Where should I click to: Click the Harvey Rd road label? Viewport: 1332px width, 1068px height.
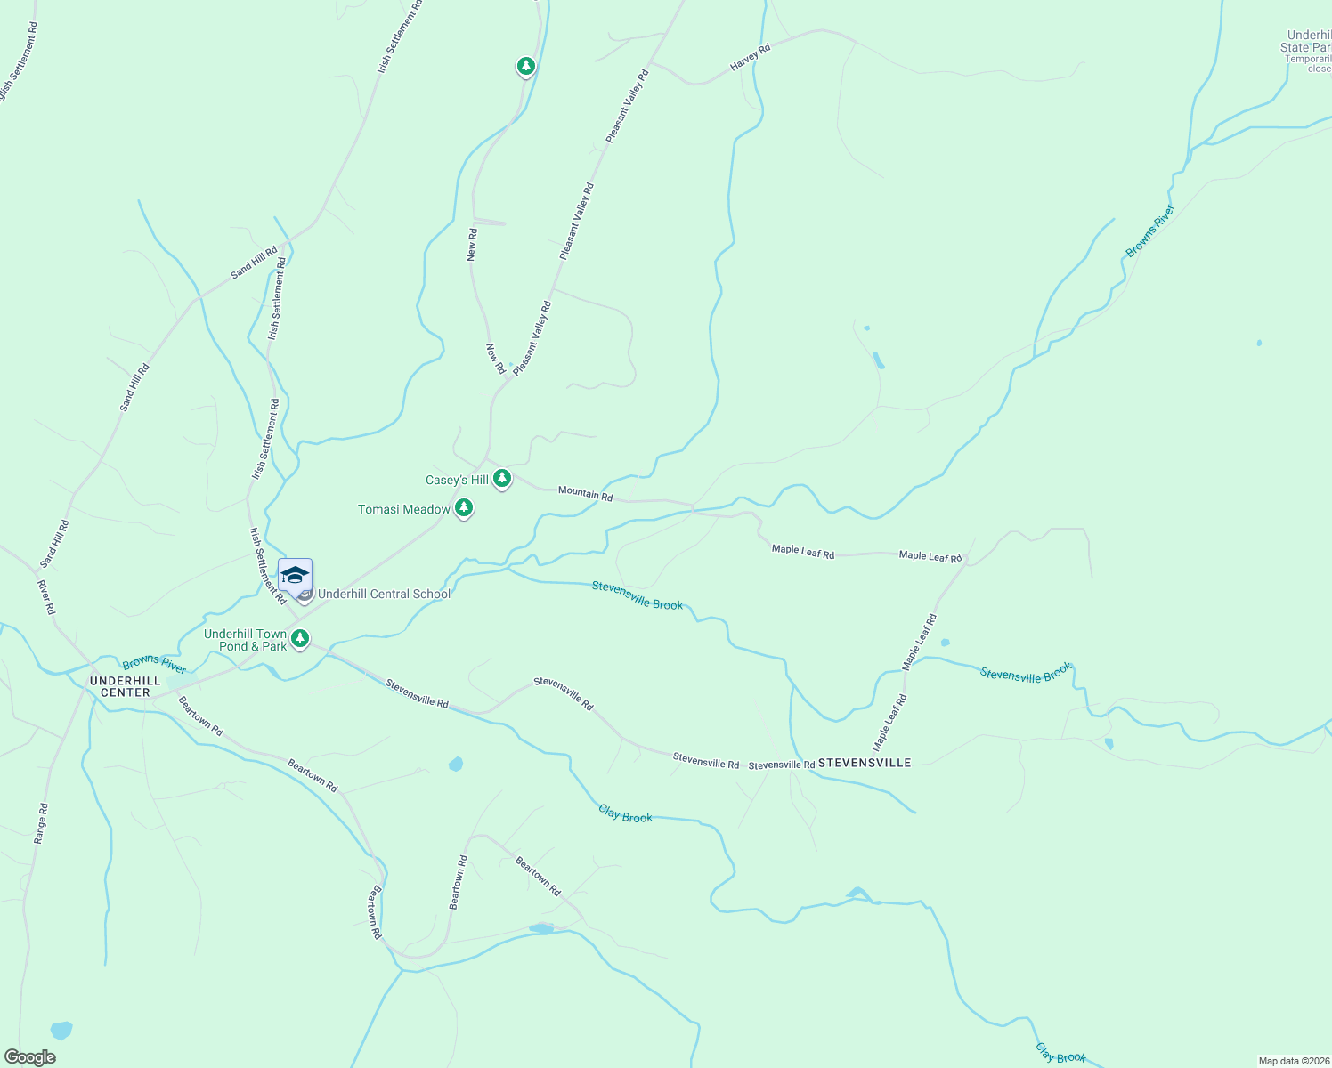point(750,54)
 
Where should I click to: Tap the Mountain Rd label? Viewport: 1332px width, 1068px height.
point(585,493)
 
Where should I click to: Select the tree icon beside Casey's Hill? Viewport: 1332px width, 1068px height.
point(502,479)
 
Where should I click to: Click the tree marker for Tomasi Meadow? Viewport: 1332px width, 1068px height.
point(463,508)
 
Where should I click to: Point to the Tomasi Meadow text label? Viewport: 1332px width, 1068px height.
point(403,510)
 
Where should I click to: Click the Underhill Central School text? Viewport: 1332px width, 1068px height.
point(384,595)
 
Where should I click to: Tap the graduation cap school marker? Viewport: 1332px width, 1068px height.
point(295,576)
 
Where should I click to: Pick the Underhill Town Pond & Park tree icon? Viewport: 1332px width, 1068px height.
point(300,638)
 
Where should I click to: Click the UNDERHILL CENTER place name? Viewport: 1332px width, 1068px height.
point(125,686)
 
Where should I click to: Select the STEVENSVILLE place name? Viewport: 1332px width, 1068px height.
point(864,763)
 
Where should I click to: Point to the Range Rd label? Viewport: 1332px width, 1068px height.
point(40,823)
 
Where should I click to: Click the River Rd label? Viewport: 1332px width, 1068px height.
point(46,597)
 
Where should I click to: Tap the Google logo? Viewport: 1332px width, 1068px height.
point(29,1057)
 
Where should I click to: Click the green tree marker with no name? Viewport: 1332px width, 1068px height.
point(526,66)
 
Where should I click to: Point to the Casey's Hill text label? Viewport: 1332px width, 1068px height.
point(457,481)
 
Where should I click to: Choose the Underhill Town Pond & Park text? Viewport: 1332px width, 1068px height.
point(246,640)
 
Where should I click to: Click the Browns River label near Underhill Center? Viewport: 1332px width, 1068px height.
point(154,664)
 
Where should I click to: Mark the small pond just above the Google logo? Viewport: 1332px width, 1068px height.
point(61,1031)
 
